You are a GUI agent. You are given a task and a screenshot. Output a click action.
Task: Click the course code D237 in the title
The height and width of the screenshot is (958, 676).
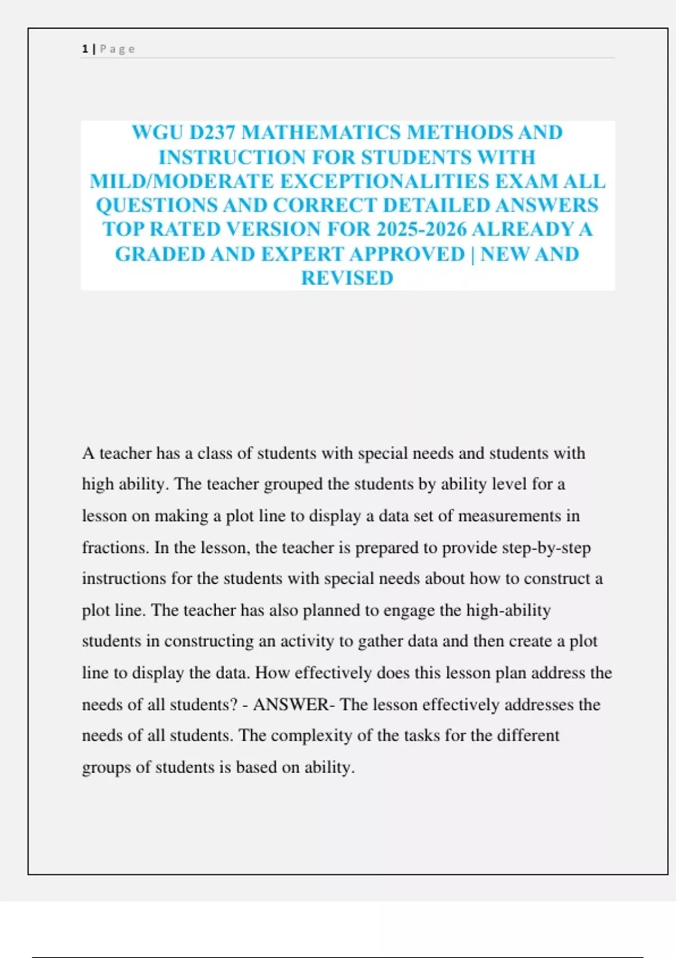point(212,132)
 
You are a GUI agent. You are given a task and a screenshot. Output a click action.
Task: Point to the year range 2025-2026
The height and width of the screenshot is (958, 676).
point(422,229)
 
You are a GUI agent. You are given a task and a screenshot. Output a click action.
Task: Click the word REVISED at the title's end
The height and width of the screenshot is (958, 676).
point(347,278)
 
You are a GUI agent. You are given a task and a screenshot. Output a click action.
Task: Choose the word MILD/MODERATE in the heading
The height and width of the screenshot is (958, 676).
point(181,181)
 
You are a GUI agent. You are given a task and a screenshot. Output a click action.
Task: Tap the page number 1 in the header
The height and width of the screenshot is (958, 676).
point(84,49)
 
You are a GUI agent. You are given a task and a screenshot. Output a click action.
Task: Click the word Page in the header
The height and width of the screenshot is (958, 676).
point(117,49)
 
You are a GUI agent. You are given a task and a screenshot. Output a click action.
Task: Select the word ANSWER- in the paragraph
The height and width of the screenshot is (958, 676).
point(293,704)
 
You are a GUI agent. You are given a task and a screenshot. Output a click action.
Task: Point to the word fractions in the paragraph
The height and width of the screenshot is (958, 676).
point(115,548)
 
